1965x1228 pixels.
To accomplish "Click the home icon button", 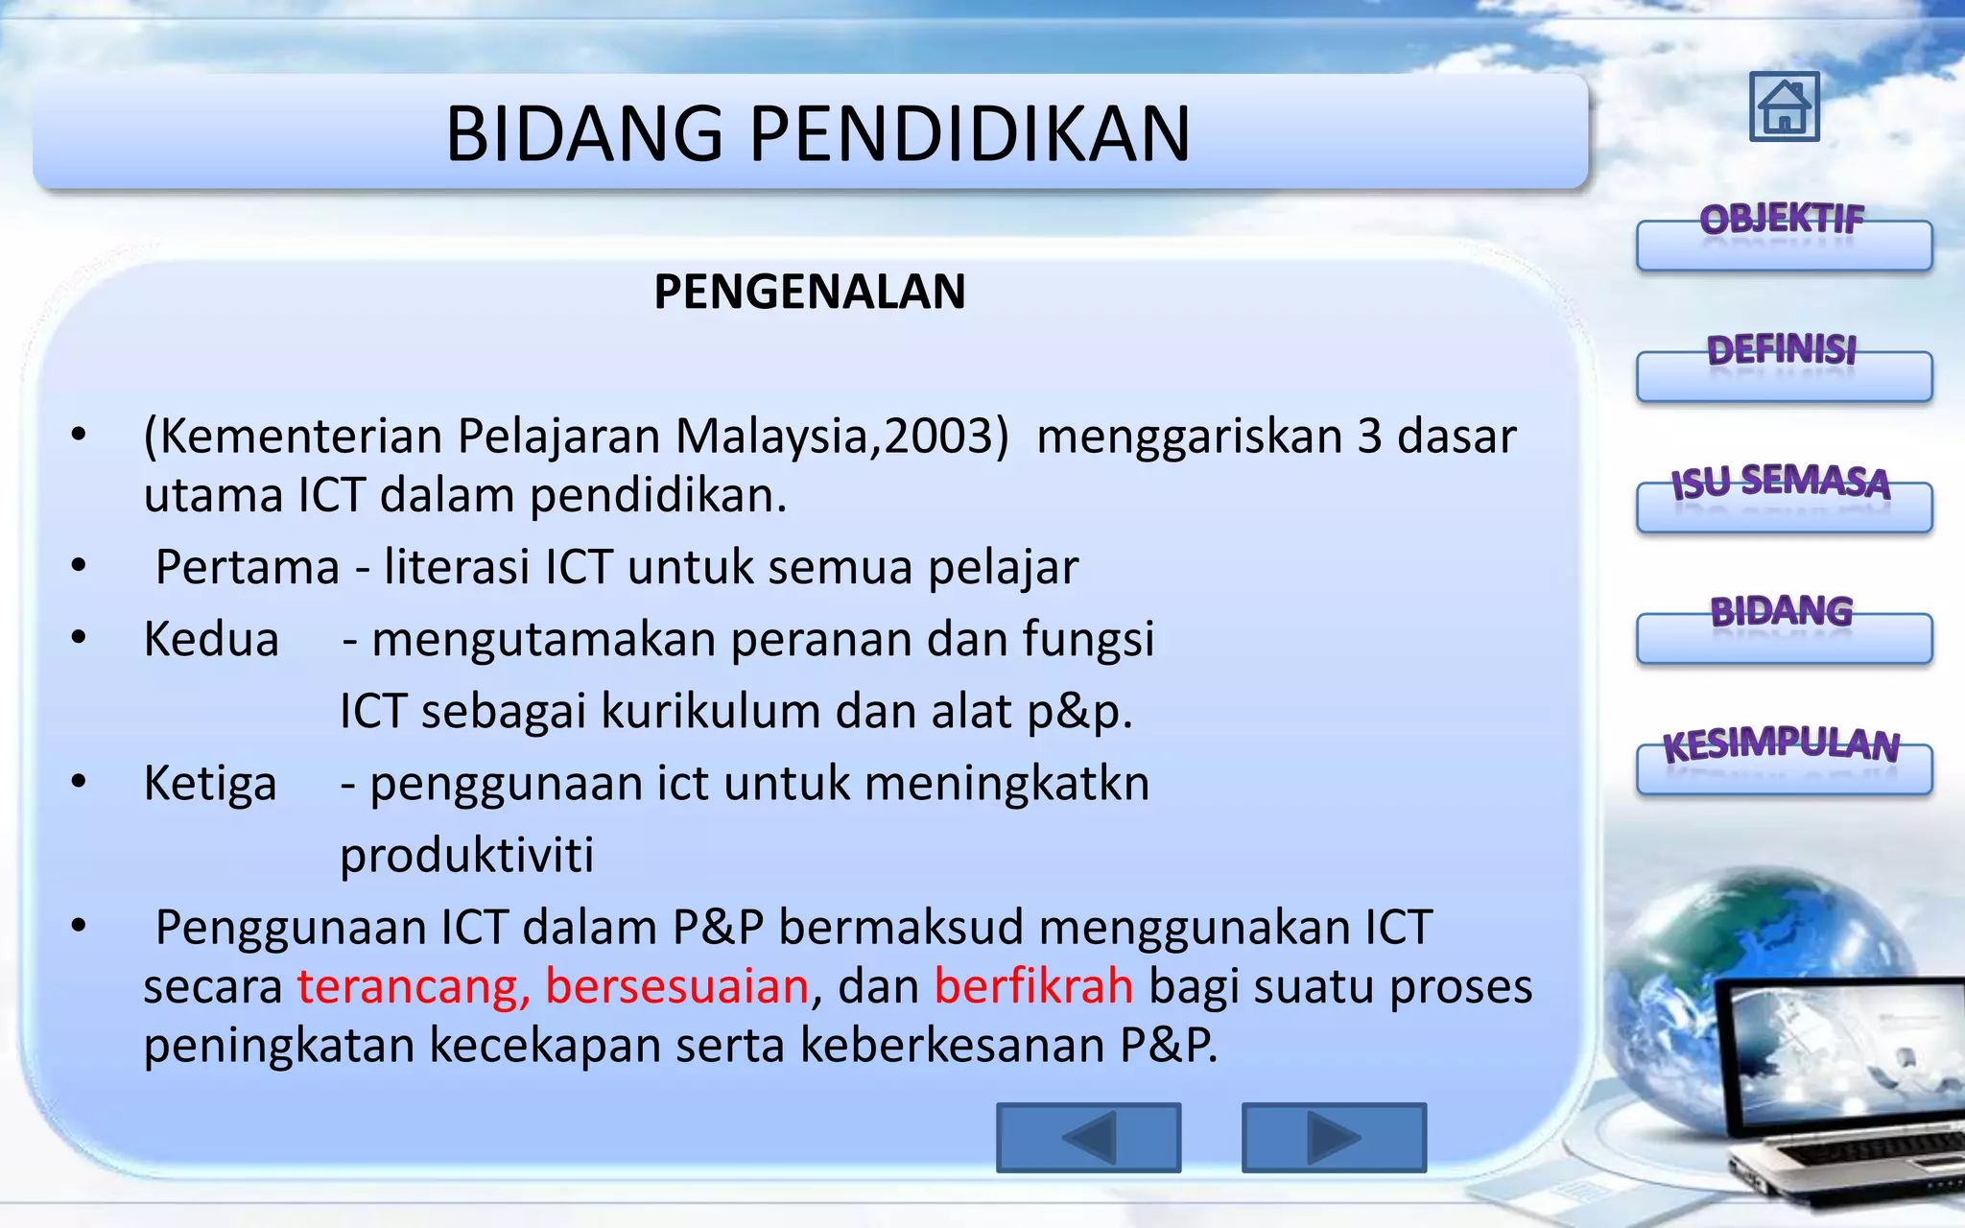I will click(1784, 106).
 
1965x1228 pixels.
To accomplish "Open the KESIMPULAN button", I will click(1784, 767).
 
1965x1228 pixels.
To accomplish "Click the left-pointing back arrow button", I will click(1088, 1138).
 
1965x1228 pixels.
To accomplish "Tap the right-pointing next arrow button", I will click(1334, 1138).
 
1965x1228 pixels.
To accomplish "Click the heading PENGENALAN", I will click(809, 292).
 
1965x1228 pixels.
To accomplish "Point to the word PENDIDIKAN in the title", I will click(969, 133).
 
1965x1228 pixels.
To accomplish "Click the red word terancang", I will click(413, 986).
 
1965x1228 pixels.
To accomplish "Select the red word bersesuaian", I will click(677, 986).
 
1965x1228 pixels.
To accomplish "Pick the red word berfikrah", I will click(1033, 986).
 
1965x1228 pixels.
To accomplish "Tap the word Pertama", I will click(248, 567).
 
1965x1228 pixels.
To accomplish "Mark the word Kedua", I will click(211, 639).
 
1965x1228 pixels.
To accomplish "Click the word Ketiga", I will click(210, 784).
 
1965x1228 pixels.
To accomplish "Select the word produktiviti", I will click(467, 855).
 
